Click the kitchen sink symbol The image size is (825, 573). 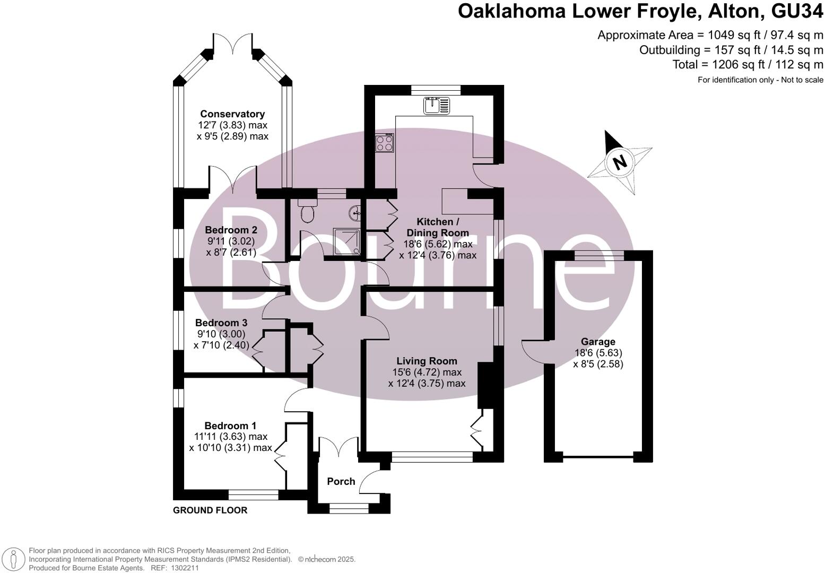pos(436,105)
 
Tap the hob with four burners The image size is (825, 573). pos(385,143)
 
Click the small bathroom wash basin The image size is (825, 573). pos(355,213)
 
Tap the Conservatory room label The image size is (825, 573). pos(232,114)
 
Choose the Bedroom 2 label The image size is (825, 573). pos(231,230)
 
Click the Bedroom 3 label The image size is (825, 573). pos(221,323)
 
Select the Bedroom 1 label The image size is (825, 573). pos(230,426)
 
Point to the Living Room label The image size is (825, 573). pos(427,361)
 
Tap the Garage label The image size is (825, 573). pos(598,342)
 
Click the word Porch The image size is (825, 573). pos(341,481)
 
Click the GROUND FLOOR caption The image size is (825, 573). pos(210,510)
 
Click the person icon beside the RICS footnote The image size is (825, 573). pos(14,559)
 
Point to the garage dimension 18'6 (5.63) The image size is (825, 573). pos(598,353)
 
